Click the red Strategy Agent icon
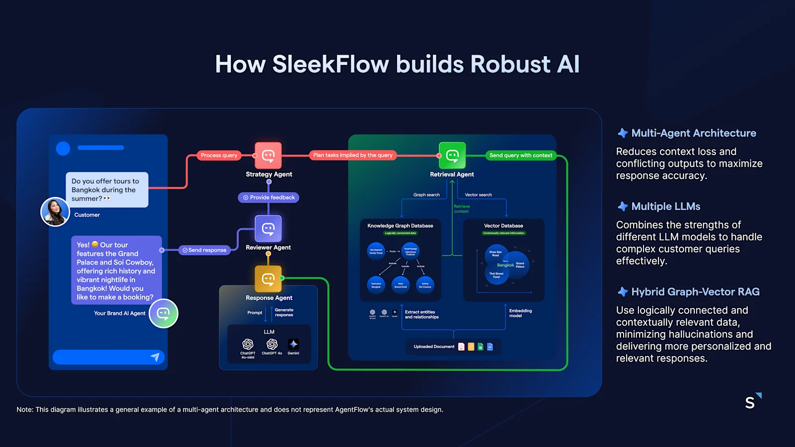point(268,155)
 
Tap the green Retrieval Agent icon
point(452,155)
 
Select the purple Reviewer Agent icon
point(268,228)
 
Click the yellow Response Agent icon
point(268,279)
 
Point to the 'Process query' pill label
point(219,155)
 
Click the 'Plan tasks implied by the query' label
point(353,155)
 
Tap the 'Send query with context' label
point(521,155)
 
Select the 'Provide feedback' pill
point(268,198)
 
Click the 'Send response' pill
point(204,250)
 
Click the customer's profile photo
point(55,212)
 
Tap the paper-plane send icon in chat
point(155,357)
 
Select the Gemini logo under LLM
point(294,344)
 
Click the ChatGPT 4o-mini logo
point(247,344)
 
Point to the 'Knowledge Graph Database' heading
point(400,226)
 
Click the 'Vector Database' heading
point(503,226)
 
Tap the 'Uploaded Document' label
point(434,347)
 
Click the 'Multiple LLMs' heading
point(665,207)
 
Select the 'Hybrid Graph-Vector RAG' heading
point(695,292)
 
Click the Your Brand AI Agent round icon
point(163,313)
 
